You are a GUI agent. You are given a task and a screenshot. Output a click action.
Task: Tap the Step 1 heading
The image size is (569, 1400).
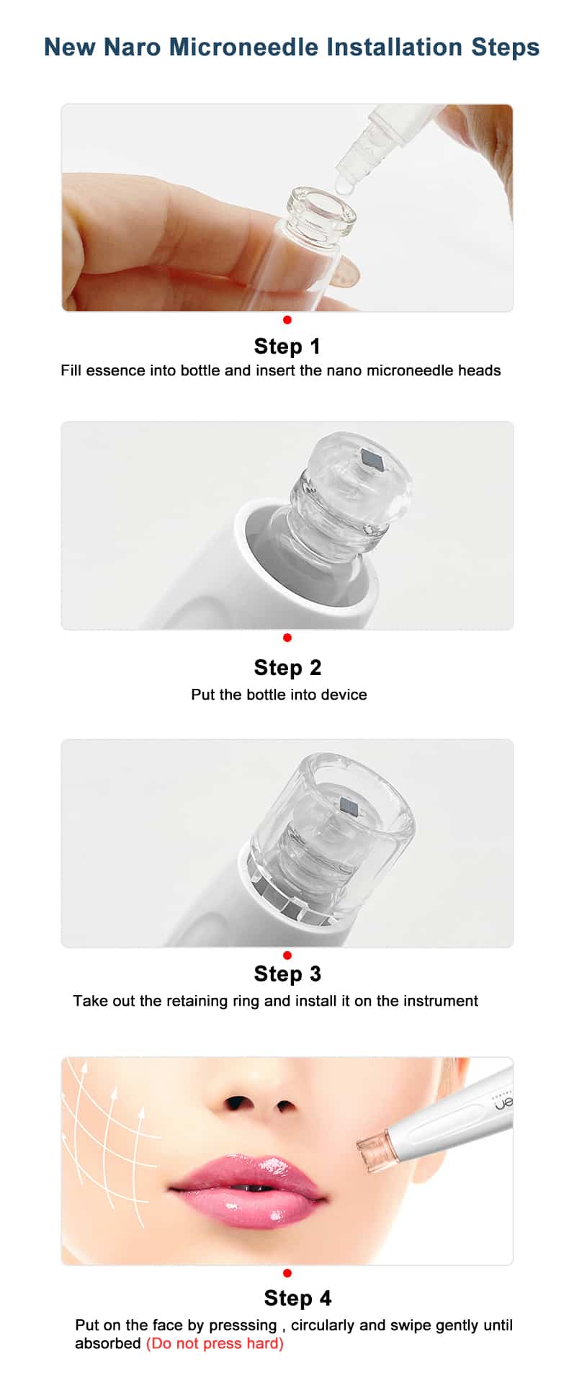(x=287, y=347)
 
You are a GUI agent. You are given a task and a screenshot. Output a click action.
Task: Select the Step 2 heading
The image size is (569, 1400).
(x=287, y=668)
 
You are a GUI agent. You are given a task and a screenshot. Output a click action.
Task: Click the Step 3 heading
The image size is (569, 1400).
(x=287, y=974)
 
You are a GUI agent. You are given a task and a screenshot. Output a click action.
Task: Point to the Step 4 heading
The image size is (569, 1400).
(x=297, y=1298)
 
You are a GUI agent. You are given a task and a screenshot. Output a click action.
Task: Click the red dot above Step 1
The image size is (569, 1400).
(x=287, y=320)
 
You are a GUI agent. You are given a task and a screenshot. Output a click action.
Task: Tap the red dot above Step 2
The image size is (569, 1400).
(x=287, y=638)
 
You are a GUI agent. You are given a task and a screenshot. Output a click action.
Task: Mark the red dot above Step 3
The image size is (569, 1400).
(x=287, y=955)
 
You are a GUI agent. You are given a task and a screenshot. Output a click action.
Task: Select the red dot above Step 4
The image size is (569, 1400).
(x=287, y=1273)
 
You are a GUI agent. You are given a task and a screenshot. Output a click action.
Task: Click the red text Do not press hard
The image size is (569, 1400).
(x=215, y=1344)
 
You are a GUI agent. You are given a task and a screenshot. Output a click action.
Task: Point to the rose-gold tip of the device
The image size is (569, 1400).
(x=374, y=1146)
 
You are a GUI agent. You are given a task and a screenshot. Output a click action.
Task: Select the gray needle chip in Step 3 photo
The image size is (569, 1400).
(x=349, y=806)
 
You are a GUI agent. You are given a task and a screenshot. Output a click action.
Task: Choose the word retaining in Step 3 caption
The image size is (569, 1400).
(x=197, y=1002)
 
